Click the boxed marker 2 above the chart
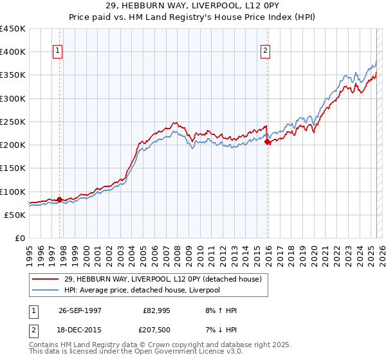point(266,51)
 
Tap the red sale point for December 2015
point(268,141)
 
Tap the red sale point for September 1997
point(59,199)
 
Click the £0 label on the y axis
point(19,238)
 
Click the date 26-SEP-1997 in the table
point(80,310)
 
